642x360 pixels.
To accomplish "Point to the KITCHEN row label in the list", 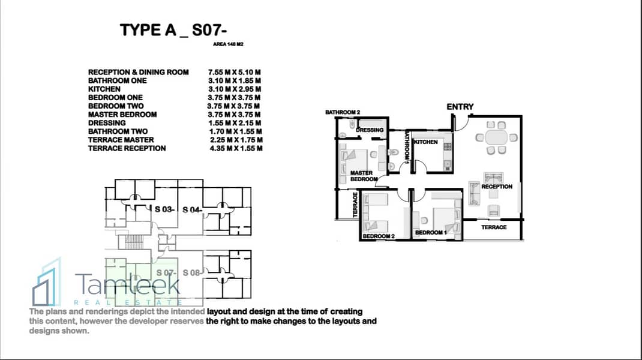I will click(104, 89).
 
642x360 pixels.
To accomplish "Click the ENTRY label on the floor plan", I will click(460, 107).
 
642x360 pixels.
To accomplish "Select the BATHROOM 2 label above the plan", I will click(342, 112).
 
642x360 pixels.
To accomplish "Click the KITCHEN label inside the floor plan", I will click(427, 142).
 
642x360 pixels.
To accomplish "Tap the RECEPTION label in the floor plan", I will click(497, 187).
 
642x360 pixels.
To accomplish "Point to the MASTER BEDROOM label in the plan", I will click(364, 176).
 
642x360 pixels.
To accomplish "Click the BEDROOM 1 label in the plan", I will click(429, 232).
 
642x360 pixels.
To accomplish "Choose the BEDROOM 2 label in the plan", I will click(379, 236).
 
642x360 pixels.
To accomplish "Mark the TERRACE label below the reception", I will click(494, 227).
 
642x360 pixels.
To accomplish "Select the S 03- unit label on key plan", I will click(165, 209).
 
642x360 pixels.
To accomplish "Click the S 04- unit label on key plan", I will click(193, 209).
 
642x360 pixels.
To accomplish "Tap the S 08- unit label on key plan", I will click(193, 272).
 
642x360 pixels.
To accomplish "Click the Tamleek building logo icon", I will click(47, 282).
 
